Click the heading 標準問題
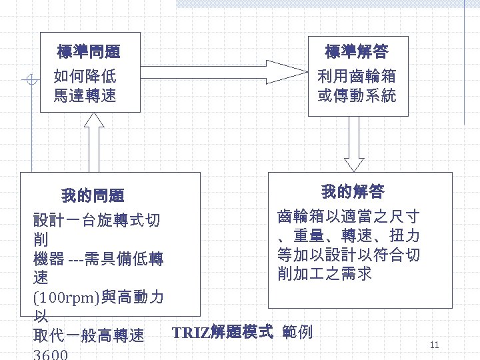[x=89, y=51]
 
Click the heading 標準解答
[x=357, y=51]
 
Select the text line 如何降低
[x=85, y=75]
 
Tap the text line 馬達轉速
[x=85, y=96]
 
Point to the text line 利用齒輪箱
[x=357, y=75]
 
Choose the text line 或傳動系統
[x=357, y=96]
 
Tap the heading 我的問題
[x=93, y=196]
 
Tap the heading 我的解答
[x=353, y=192]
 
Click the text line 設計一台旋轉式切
[x=97, y=220]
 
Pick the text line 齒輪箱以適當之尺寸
[x=348, y=217]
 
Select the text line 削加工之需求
[x=325, y=273]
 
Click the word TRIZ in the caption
[x=190, y=331]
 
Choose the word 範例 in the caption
[x=297, y=331]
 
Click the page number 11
[x=434, y=345]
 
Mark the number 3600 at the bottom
[x=51, y=354]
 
